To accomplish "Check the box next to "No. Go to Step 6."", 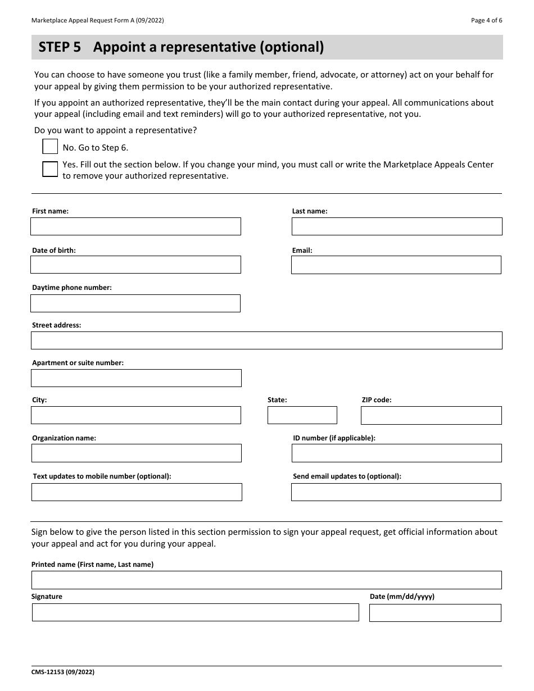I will pyautogui.click(x=50, y=147).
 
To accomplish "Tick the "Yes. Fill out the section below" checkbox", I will pyautogui.click(x=50, y=169).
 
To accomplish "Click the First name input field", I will pyautogui.click(x=135, y=226).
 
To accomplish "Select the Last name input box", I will pyautogui.click(x=397, y=226).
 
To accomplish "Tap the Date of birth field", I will pyautogui.click(x=135, y=265).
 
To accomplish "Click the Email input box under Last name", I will pyautogui.click(x=396, y=265).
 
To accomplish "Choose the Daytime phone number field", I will pyautogui.click(x=135, y=303).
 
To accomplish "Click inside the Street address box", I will pyautogui.click(x=266, y=340).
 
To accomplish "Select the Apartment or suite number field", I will pyautogui.click(x=136, y=378).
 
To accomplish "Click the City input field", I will pyautogui.click(x=136, y=415).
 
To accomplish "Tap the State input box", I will pyautogui.click(x=302, y=415).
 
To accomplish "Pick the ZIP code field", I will pyautogui.click(x=431, y=415).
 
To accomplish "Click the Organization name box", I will pyautogui.click(x=137, y=453).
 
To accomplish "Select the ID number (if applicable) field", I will pyautogui.click(x=397, y=453).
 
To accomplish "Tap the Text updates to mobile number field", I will pyautogui.click(x=137, y=492).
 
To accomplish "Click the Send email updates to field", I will pyautogui.click(x=396, y=492).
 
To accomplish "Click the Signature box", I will pyautogui.click(x=195, y=612).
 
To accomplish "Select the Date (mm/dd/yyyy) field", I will pyautogui.click(x=435, y=612).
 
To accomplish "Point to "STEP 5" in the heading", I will pyautogui.click(x=60, y=48).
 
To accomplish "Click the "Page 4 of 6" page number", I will pyautogui.click(x=486, y=20).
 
